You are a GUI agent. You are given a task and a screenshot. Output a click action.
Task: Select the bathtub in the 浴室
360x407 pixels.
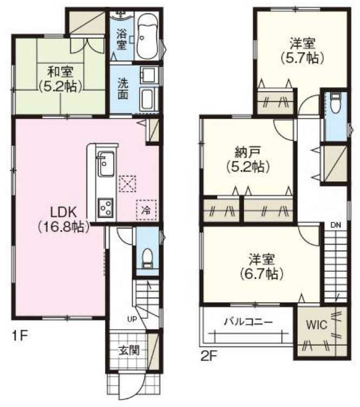pos(146,38)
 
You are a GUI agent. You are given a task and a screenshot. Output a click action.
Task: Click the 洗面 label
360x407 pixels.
pos(124,89)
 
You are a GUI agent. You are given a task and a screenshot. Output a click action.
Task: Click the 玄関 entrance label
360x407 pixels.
pos(129,350)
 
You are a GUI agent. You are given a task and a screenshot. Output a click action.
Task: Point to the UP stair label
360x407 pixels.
pos(131,319)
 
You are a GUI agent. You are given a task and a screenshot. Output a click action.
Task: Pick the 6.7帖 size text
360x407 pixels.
pos(263,274)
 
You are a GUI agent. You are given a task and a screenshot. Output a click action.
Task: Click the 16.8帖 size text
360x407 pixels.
pos(63,227)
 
